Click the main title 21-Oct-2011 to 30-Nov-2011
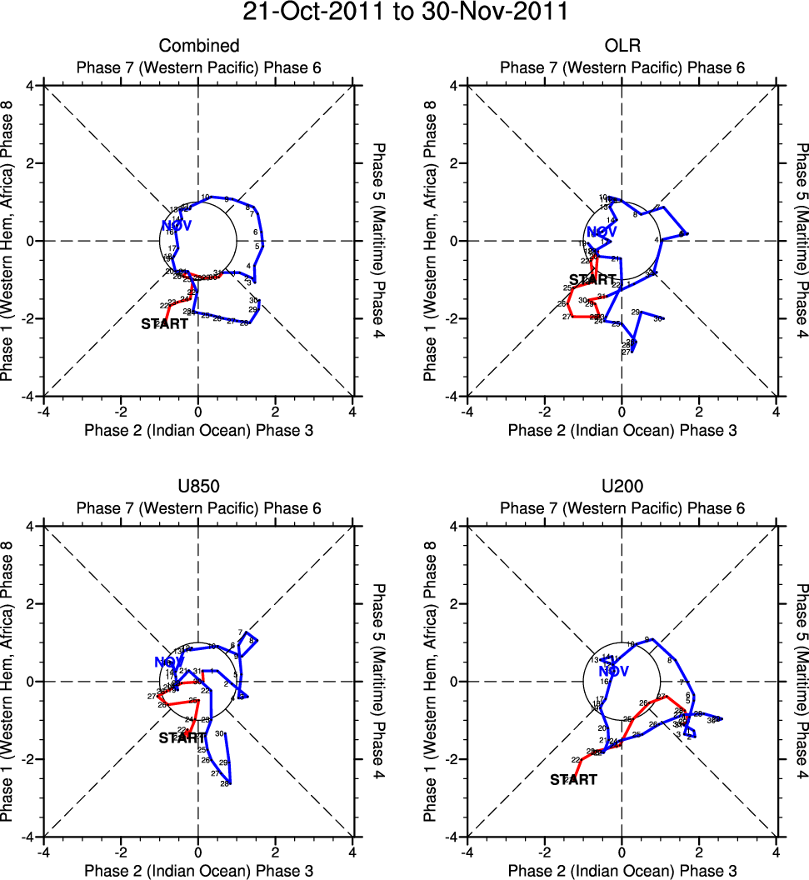pos(405,12)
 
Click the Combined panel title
pos(199,46)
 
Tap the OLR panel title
pos(622,46)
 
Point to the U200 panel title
pos(622,487)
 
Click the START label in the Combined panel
pos(164,323)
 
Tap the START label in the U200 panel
pos(574,780)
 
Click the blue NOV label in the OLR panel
pos(602,232)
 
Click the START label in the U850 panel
pos(182,737)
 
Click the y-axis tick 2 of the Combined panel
pos(32,163)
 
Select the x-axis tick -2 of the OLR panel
pos(544,411)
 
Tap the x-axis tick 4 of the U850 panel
pos(353,852)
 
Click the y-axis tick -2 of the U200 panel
pos(453,759)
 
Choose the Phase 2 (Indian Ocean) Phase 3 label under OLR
pos(622,430)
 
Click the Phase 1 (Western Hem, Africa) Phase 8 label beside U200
pos(431,682)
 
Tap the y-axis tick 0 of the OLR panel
pos(455,241)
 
